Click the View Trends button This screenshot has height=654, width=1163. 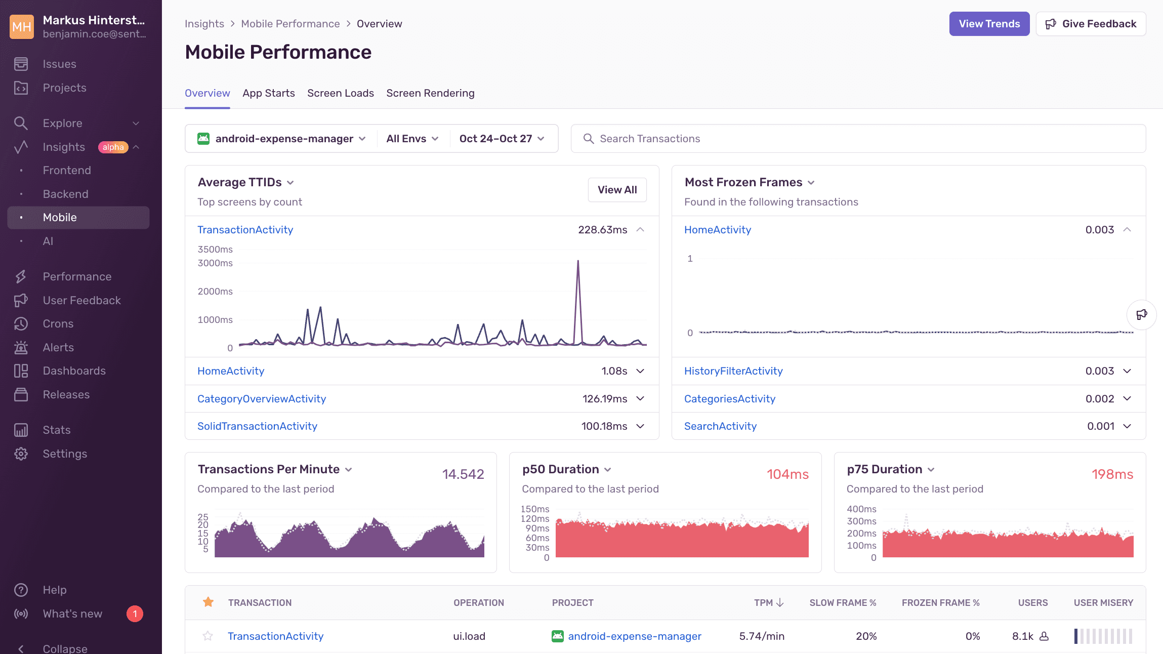989,24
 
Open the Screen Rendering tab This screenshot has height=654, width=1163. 430,93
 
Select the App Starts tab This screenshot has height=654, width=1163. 268,93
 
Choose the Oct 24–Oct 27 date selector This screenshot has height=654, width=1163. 502,139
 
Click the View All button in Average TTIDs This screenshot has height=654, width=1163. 617,190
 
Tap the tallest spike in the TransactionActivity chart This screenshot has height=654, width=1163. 578,262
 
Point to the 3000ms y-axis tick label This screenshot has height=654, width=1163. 215,263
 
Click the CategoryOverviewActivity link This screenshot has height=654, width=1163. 262,399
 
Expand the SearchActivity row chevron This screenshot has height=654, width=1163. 1127,426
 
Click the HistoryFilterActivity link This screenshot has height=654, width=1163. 733,371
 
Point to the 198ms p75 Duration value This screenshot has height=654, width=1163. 1112,474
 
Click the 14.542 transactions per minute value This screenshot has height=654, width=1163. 463,474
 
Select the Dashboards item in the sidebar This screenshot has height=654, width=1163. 74,371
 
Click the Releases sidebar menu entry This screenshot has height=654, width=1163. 66,395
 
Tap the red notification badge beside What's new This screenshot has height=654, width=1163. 135,614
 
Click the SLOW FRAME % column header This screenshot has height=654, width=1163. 843,603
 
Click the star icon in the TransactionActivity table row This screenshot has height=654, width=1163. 207,636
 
